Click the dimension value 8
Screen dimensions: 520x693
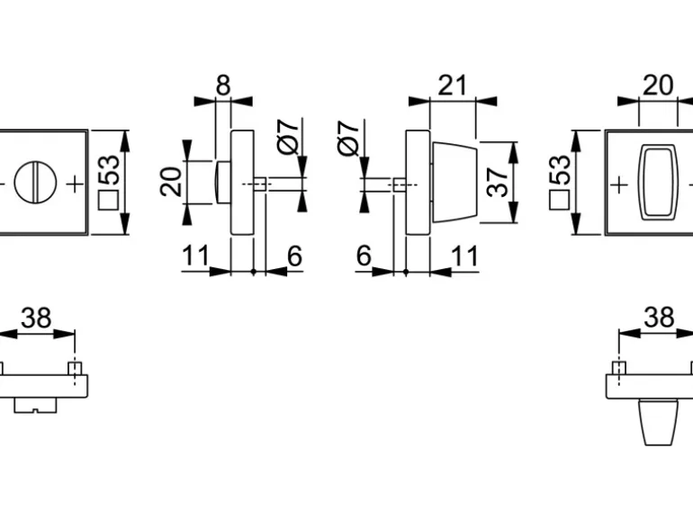(x=223, y=85)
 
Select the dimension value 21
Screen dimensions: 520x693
(x=453, y=85)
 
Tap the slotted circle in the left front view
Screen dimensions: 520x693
(x=34, y=182)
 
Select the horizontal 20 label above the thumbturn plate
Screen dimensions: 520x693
(x=658, y=85)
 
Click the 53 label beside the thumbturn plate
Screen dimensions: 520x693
(x=559, y=170)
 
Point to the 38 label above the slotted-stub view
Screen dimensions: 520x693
(x=36, y=318)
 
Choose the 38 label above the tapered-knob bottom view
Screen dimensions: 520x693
(x=659, y=318)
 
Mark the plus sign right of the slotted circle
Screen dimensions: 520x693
(x=75, y=183)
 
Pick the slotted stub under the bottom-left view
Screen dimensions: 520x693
(x=35, y=406)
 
